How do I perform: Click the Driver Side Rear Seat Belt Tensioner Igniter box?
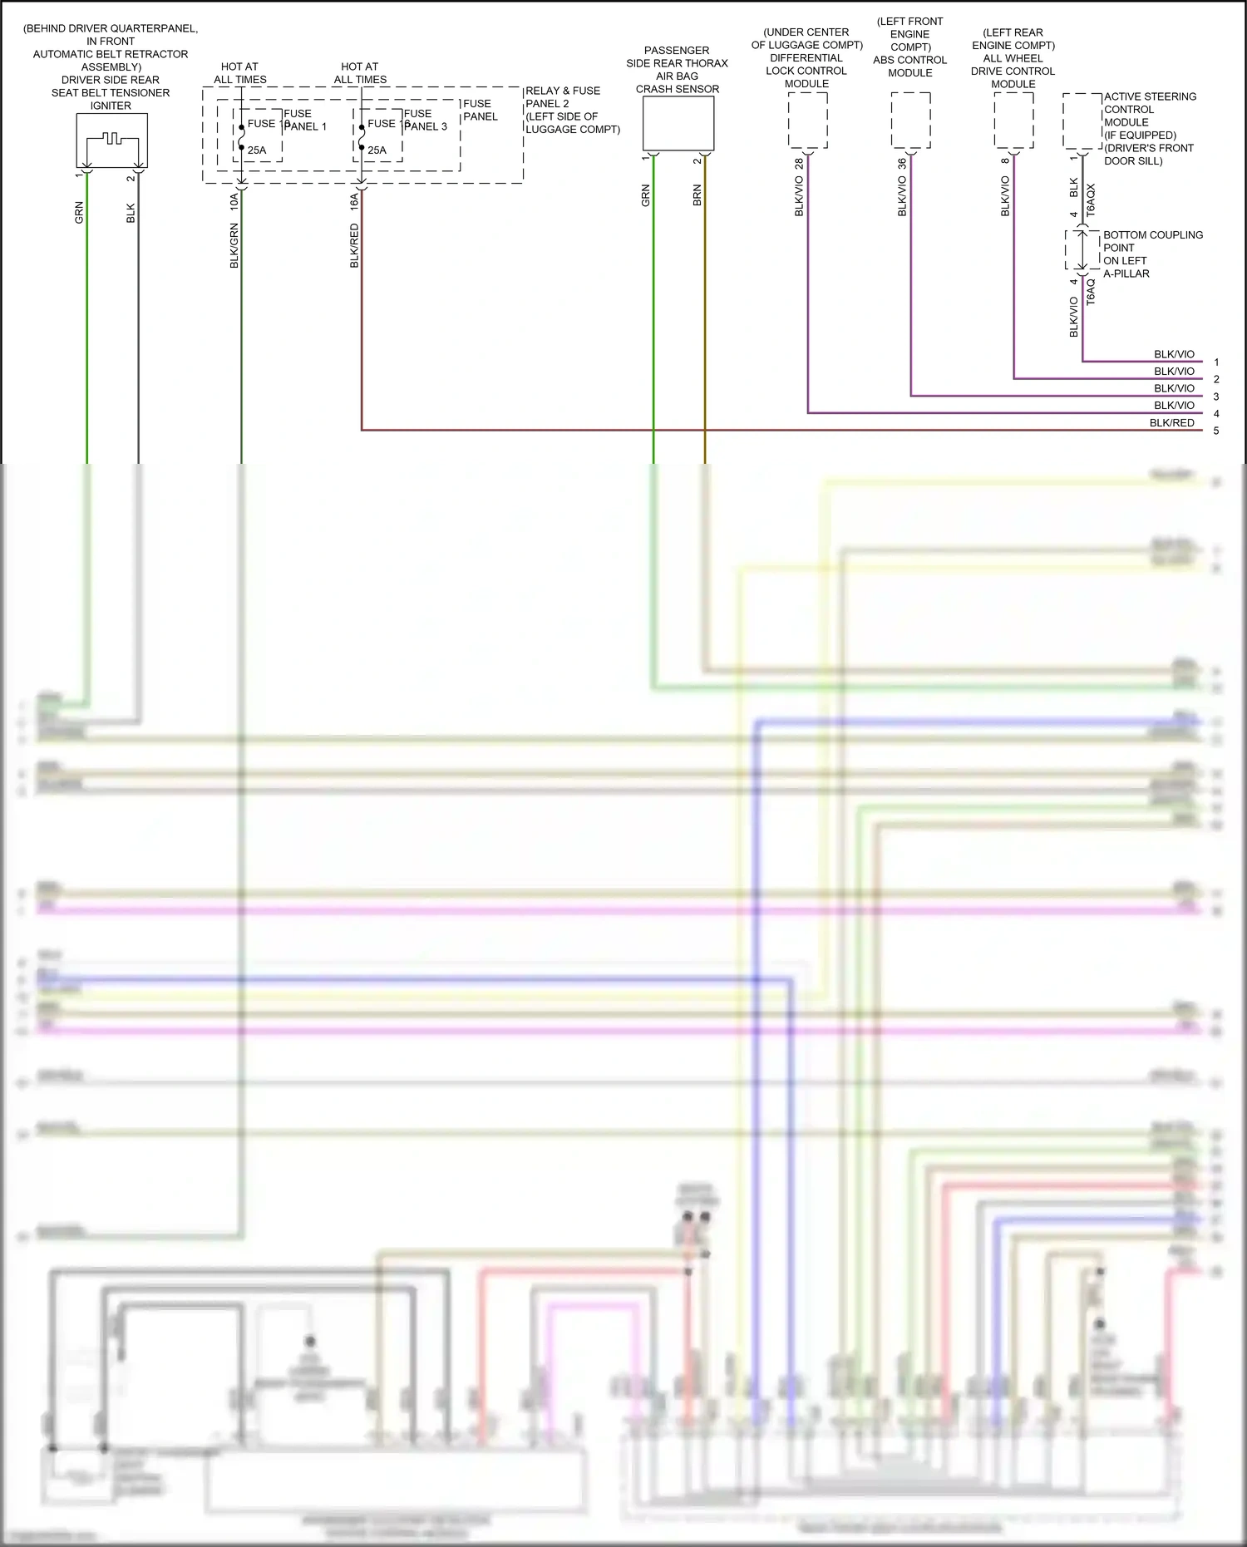111,140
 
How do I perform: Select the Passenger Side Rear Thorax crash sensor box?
678,123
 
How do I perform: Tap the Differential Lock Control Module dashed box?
807,121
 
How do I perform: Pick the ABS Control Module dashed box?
910,121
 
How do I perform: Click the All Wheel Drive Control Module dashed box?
1013,121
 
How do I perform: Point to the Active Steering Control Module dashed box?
1082,121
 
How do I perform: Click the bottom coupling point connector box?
1082,250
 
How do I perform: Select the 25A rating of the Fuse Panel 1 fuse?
257,150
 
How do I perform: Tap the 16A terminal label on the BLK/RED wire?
354,200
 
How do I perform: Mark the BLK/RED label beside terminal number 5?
1171,423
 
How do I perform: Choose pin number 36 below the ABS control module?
902,165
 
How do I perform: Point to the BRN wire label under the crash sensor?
697,195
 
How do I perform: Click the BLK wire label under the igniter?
131,214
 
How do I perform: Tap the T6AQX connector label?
1091,201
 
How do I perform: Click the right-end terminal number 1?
1216,362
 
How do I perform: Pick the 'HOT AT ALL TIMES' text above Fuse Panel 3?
360,73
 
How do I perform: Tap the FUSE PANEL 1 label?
304,120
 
